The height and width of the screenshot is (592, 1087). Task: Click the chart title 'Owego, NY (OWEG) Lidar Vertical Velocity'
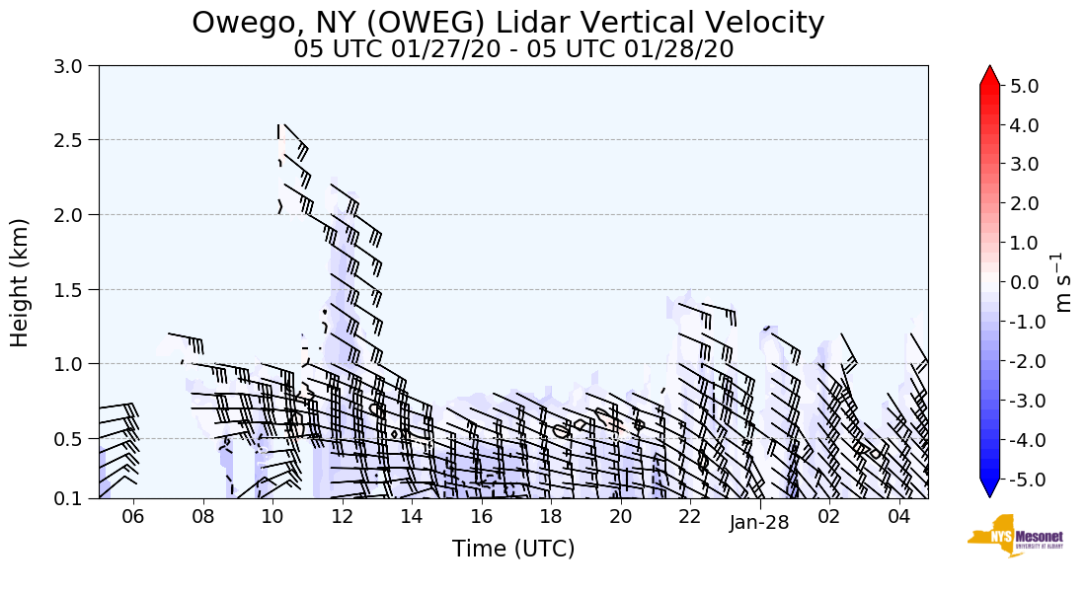[507, 22]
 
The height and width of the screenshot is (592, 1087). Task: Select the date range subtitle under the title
[513, 49]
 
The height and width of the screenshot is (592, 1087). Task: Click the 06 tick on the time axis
[132, 517]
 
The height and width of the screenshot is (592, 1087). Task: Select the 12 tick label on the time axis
[342, 517]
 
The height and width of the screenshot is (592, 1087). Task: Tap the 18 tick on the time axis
[551, 517]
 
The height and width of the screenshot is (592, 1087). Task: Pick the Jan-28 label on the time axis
[759, 523]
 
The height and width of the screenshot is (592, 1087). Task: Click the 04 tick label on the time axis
[898, 517]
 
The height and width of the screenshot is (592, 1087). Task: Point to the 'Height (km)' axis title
[20, 282]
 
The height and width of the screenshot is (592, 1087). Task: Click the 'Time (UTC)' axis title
[513, 549]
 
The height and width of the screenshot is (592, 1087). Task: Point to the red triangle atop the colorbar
[990, 76]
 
